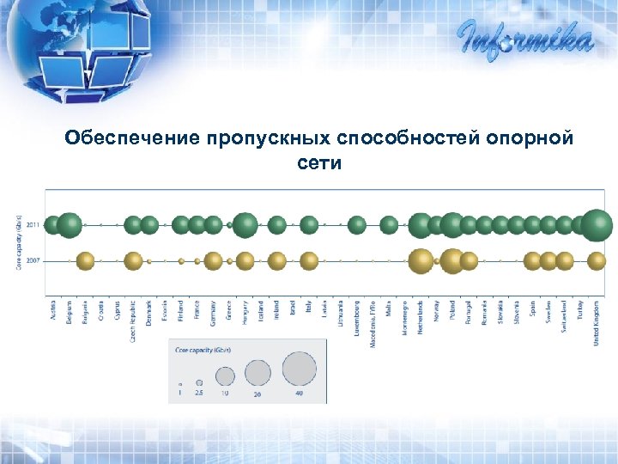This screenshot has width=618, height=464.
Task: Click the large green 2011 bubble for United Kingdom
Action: [x=597, y=225]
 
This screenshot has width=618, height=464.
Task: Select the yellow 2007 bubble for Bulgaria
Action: [x=85, y=260]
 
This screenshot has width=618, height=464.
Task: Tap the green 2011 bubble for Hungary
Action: [x=245, y=225]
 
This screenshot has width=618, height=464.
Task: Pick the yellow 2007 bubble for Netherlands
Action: [x=421, y=260]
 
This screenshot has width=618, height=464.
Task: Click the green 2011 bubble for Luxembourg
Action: [x=357, y=225]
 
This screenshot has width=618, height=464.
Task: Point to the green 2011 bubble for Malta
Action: [x=389, y=225]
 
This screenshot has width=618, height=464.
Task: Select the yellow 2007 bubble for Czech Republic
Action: [x=133, y=260]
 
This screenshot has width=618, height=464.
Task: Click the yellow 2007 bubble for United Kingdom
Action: [x=597, y=260]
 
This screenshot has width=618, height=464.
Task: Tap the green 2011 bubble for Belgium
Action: [x=70, y=225]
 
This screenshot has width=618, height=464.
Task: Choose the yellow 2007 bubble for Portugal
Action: [x=469, y=260]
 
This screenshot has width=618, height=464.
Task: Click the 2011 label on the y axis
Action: [x=33, y=225]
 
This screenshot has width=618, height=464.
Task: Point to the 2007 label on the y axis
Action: [x=33, y=260]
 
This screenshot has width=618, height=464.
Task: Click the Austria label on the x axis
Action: [x=54, y=310]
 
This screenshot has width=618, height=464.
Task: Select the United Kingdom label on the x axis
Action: [x=597, y=322]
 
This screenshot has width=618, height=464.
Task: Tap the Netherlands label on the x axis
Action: [x=421, y=317]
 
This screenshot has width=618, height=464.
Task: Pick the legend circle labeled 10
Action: [x=225, y=375]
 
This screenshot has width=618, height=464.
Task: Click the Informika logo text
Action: [x=524, y=39]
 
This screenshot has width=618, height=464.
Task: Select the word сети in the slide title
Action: [x=319, y=162]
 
